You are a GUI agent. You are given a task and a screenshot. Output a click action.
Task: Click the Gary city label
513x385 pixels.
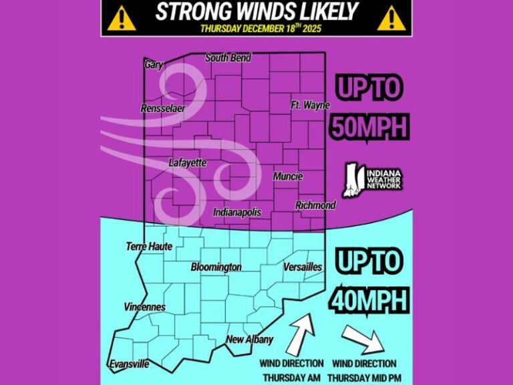pos(154,65)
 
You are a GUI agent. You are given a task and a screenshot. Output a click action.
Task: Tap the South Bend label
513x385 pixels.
pos(228,58)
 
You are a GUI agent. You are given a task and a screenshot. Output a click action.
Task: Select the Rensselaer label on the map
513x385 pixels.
pos(163,108)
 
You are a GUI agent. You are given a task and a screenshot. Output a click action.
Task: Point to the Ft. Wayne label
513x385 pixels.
pos(311,106)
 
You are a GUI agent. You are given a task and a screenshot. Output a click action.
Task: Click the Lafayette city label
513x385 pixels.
pos(188,162)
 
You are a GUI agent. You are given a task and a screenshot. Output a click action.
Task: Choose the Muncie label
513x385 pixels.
pos(288,176)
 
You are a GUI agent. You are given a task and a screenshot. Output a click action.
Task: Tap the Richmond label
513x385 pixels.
pos(315,205)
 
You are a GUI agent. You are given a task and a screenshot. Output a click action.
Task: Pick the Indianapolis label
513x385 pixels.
pos(237,213)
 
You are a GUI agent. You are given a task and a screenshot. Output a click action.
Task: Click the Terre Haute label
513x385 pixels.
pos(149,247)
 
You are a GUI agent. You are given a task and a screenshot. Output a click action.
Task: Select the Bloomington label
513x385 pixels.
pos(216,267)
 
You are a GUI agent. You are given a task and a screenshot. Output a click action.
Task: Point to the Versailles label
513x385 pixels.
pos(303,267)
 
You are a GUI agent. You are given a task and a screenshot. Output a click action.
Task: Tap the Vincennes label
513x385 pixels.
pos(145,307)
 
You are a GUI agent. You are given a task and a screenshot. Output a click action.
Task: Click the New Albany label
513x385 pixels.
pos(250,340)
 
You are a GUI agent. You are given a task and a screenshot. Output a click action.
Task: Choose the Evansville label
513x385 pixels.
pos(129,364)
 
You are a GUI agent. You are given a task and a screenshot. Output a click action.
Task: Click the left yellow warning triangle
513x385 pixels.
pos(122,19)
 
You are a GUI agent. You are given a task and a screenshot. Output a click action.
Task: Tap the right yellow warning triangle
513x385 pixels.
pos(392,19)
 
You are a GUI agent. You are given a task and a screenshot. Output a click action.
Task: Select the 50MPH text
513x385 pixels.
pos(369,126)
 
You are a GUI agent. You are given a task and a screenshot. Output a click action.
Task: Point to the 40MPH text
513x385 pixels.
pos(369,300)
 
